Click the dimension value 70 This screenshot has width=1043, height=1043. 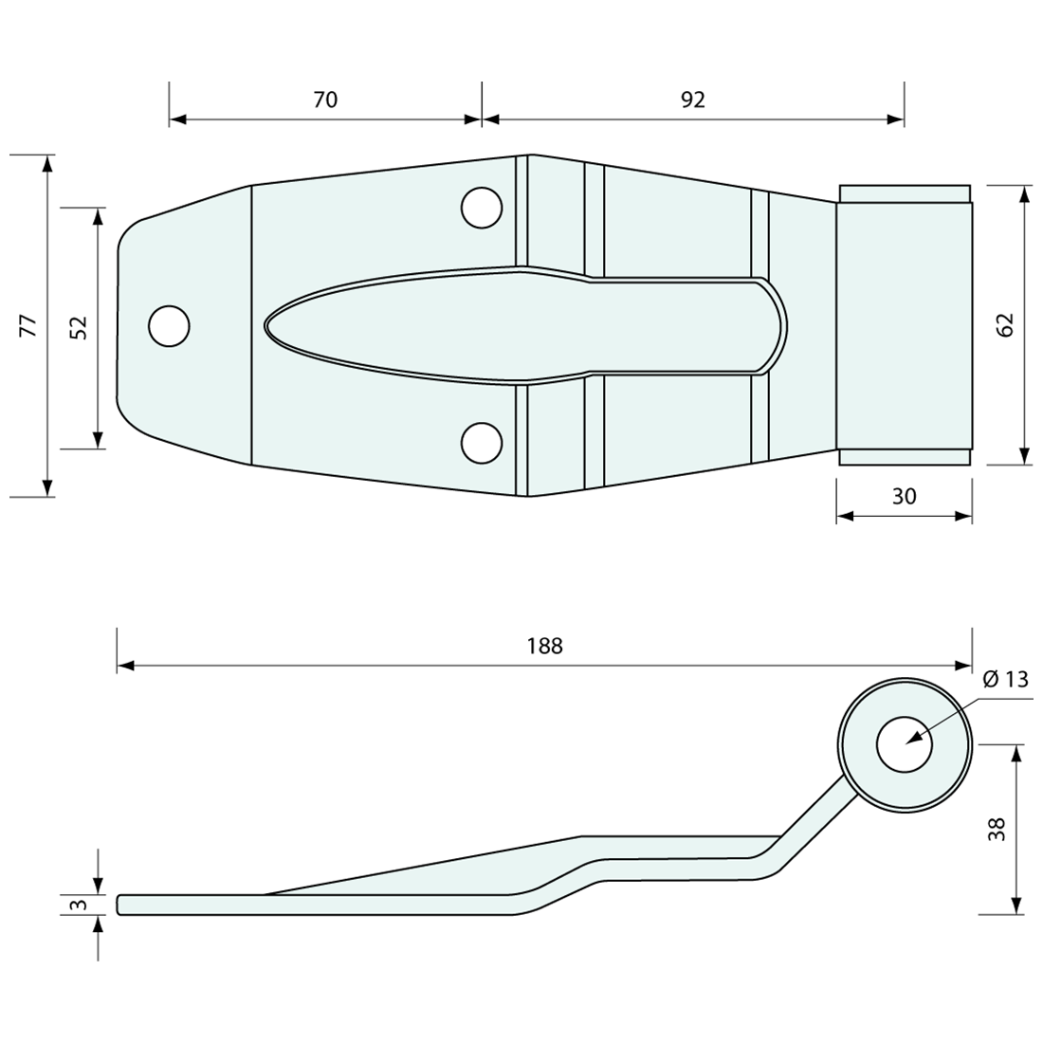coord(325,100)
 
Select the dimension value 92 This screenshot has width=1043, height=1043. coord(693,100)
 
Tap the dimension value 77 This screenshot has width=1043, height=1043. coord(28,324)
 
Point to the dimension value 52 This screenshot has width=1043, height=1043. coord(80,327)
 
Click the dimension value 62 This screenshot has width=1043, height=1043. coord(1006,324)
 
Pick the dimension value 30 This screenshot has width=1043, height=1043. coord(905,495)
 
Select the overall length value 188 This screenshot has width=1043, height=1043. coord(544,646)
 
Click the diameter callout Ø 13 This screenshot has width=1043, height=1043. coord(1005,679)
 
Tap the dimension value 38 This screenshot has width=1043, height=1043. coord(997,830)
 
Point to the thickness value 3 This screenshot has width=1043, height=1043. coord(80,905)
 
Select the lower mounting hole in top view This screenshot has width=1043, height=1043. coord(482,443)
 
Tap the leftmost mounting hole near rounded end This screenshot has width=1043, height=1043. coord(169,325)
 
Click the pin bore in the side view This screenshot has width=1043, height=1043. coord(905,743)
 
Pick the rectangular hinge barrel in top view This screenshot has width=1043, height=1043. coord(905,324)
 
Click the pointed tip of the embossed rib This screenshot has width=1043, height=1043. coord(267,325)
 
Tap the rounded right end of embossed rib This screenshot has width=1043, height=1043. coord(781,325)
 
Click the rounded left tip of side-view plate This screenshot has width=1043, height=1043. coord(119,905)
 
